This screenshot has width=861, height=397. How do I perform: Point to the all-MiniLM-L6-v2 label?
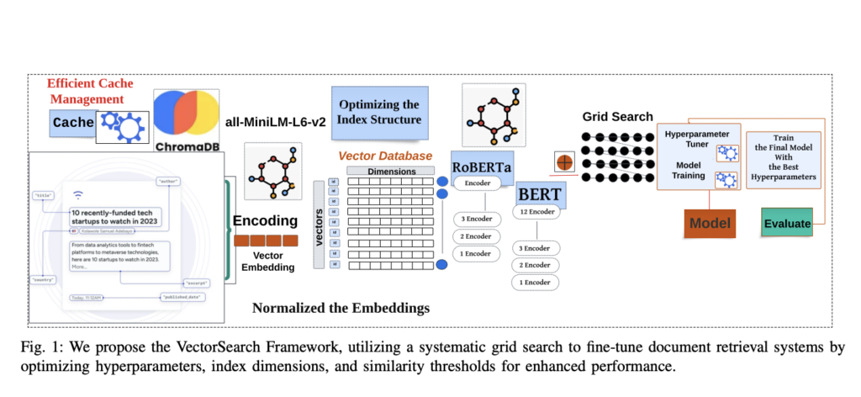(274, 121)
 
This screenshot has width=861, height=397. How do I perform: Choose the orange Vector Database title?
(385, 156)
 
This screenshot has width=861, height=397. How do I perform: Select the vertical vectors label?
(320, 225)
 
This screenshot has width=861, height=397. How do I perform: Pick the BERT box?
(539, 198)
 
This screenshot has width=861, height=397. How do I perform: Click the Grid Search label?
(617, 117)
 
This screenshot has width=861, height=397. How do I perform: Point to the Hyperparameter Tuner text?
(698, 140)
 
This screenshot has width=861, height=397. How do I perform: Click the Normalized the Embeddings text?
(341, 308)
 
